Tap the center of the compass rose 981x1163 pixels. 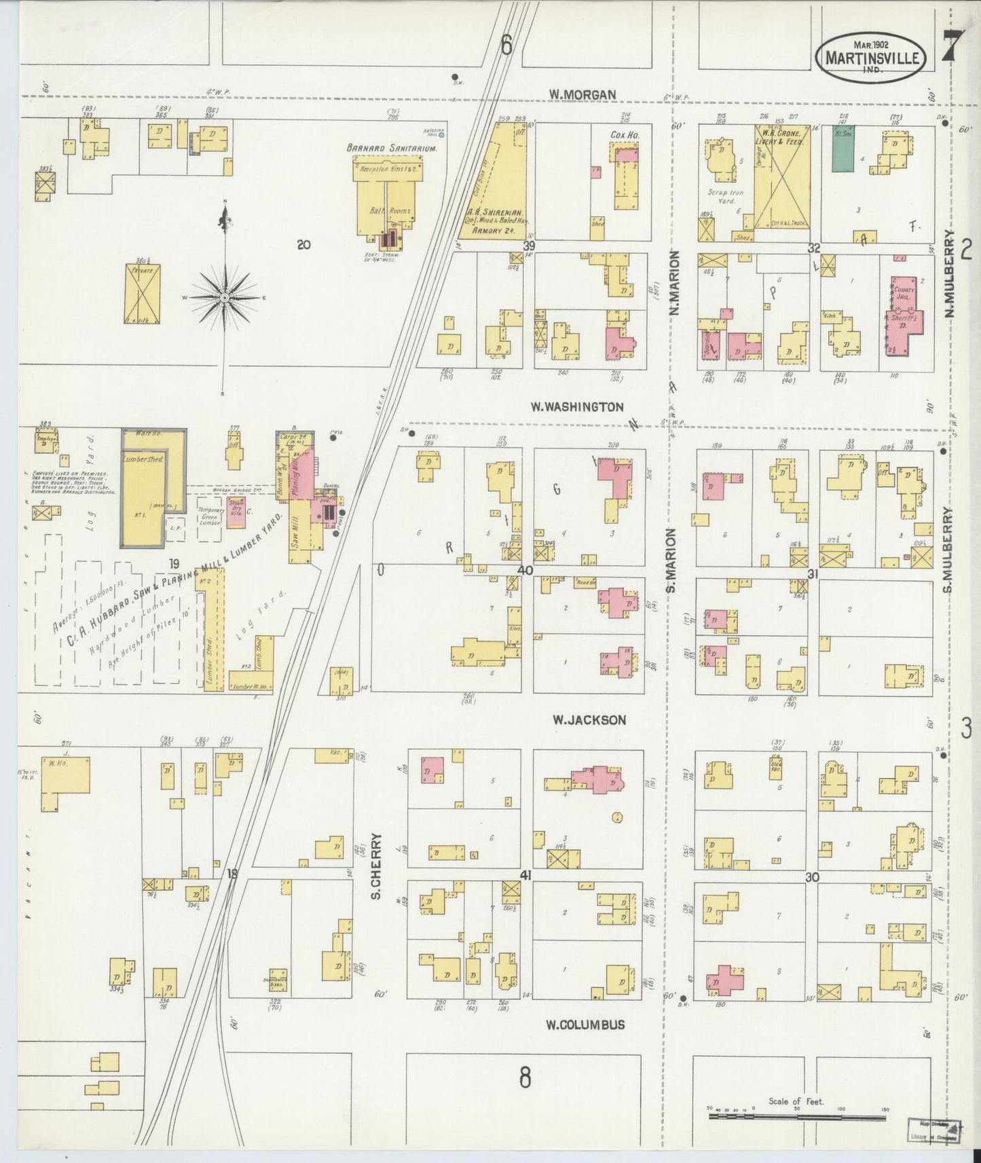pos(223,298)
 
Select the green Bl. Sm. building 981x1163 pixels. pos(843,148)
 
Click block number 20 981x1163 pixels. pos(303,245)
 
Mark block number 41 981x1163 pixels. pos(525,875)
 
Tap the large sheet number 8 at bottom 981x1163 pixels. pos(525,1076)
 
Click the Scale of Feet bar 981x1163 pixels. pos(799,1115)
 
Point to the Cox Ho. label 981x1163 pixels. pos(621,135)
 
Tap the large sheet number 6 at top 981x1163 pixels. pos(506,45)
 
